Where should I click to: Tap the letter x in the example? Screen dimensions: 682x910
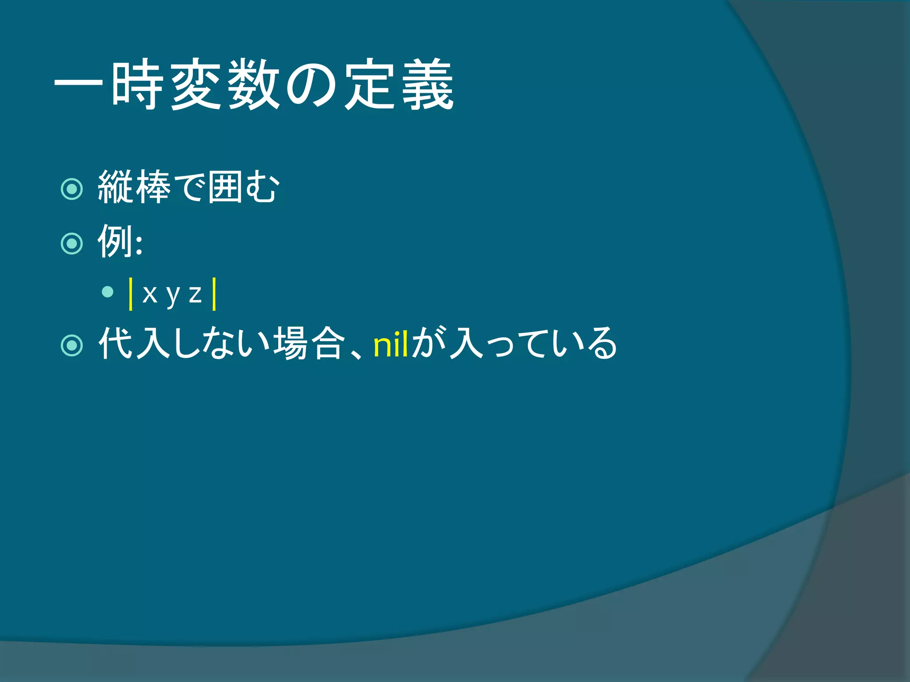150,294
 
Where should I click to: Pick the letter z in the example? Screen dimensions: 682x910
195,294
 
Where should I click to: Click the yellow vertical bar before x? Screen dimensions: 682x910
131,293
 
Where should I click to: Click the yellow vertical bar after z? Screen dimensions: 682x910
214,293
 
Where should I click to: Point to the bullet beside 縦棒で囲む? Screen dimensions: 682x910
72,189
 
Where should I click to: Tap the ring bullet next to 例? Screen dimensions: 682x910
72,243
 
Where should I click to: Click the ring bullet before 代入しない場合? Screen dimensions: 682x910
72,345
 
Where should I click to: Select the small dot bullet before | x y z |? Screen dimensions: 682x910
108,292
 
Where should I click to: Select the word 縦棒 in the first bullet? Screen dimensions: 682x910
134,187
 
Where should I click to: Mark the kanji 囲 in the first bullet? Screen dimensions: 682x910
225,187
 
